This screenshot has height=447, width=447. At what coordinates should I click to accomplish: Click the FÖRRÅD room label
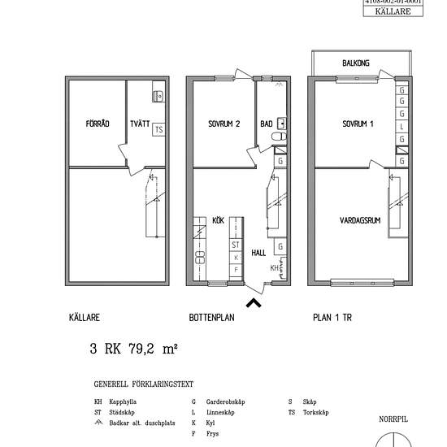97,124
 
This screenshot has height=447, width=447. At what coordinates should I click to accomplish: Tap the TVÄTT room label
140,124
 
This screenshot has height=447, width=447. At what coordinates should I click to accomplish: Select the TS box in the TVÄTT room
158,129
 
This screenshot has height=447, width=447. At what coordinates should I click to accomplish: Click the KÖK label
218,220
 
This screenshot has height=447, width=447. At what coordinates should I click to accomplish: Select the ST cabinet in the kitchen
236,244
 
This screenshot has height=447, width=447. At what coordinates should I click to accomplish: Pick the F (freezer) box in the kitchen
236,269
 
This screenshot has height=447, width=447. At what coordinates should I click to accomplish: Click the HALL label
258,254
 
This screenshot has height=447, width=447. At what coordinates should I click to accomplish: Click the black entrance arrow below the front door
254,303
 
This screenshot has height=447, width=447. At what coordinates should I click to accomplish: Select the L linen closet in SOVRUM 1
402,127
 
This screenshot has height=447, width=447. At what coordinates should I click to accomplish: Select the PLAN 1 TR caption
334,319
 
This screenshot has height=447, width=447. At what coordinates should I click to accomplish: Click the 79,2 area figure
142,349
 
